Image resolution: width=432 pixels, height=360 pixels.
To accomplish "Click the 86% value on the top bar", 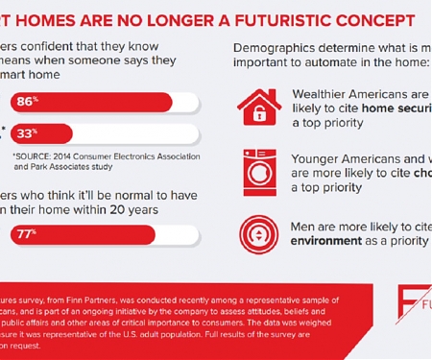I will click(x=26, y=99).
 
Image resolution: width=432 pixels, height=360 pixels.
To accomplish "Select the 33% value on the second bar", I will click(x=26, y=133).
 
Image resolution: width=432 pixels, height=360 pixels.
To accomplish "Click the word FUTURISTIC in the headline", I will click(x=264, y=19).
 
